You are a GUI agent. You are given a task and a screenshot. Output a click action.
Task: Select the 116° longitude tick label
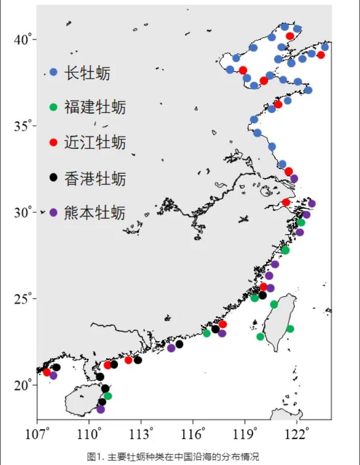click(x=193, y=435)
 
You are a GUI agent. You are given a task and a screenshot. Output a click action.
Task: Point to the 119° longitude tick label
click(x=245, y=435)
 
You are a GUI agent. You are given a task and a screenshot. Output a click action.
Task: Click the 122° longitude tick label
click(x=297, y=435)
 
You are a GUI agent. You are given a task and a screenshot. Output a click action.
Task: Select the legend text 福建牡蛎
click(x=95, y=107)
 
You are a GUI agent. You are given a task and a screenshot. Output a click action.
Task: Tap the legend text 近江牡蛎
click(x=95, y=143)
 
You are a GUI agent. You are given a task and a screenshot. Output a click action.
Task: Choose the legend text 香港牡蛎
click(x=95, y=178)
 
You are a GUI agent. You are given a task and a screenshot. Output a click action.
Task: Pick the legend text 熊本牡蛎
click(x=95, y=213)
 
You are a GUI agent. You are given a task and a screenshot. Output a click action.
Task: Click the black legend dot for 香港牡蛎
click(x=53, y=178)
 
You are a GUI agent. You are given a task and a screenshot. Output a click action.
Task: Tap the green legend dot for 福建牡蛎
click(x=53, y=107)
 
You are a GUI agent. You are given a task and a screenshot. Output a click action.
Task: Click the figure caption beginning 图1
click(x=173, y=456)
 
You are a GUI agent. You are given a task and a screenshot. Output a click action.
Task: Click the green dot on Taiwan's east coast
click(x=290, y=329)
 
